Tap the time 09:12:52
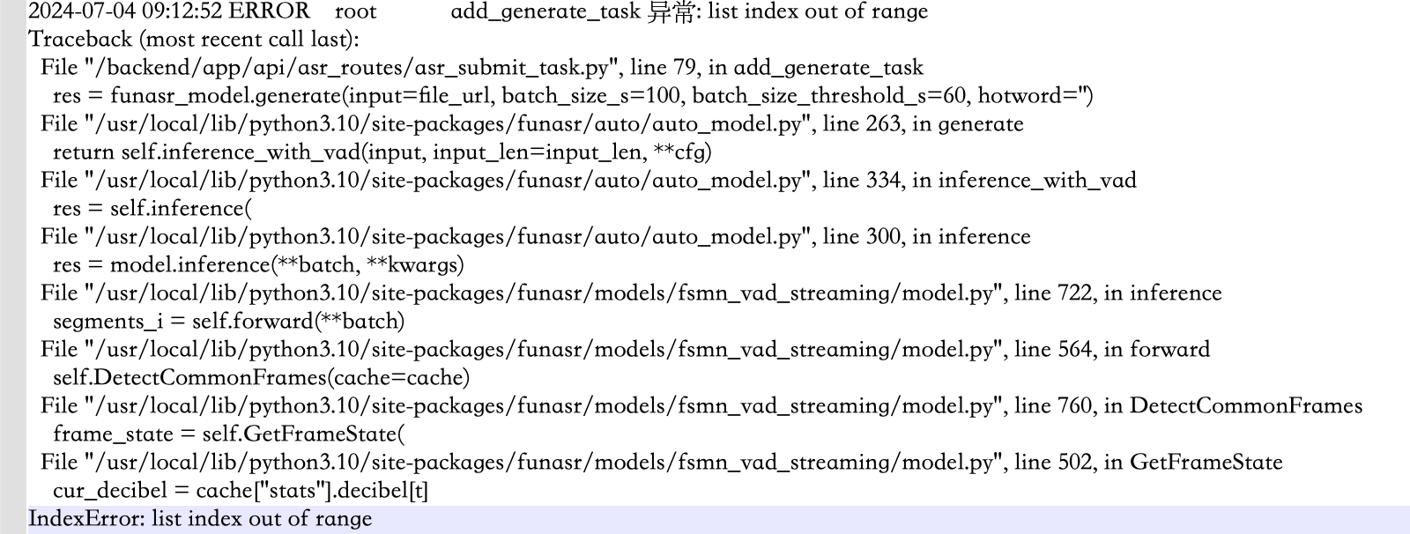click(x=178, y=11)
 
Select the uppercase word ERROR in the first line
click(x=270, y=11)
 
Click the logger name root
click(x=356, y=11)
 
